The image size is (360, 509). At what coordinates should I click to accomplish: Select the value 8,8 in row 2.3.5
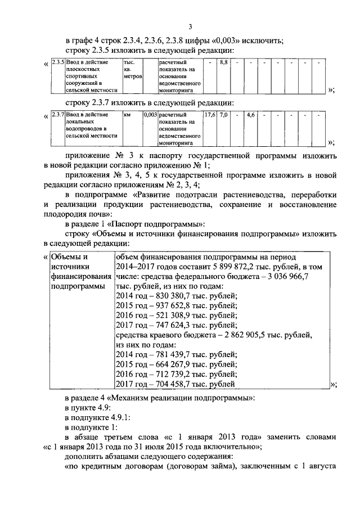(223, 61)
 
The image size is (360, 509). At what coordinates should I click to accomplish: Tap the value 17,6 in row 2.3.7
(209, 114)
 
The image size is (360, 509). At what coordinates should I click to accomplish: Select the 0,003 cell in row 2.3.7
(150, 114)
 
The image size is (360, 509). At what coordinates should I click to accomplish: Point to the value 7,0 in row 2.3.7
(223, 114)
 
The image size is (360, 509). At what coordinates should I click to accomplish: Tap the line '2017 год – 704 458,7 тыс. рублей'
(175, 384)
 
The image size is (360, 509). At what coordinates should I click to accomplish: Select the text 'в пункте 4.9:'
(88, 407)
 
